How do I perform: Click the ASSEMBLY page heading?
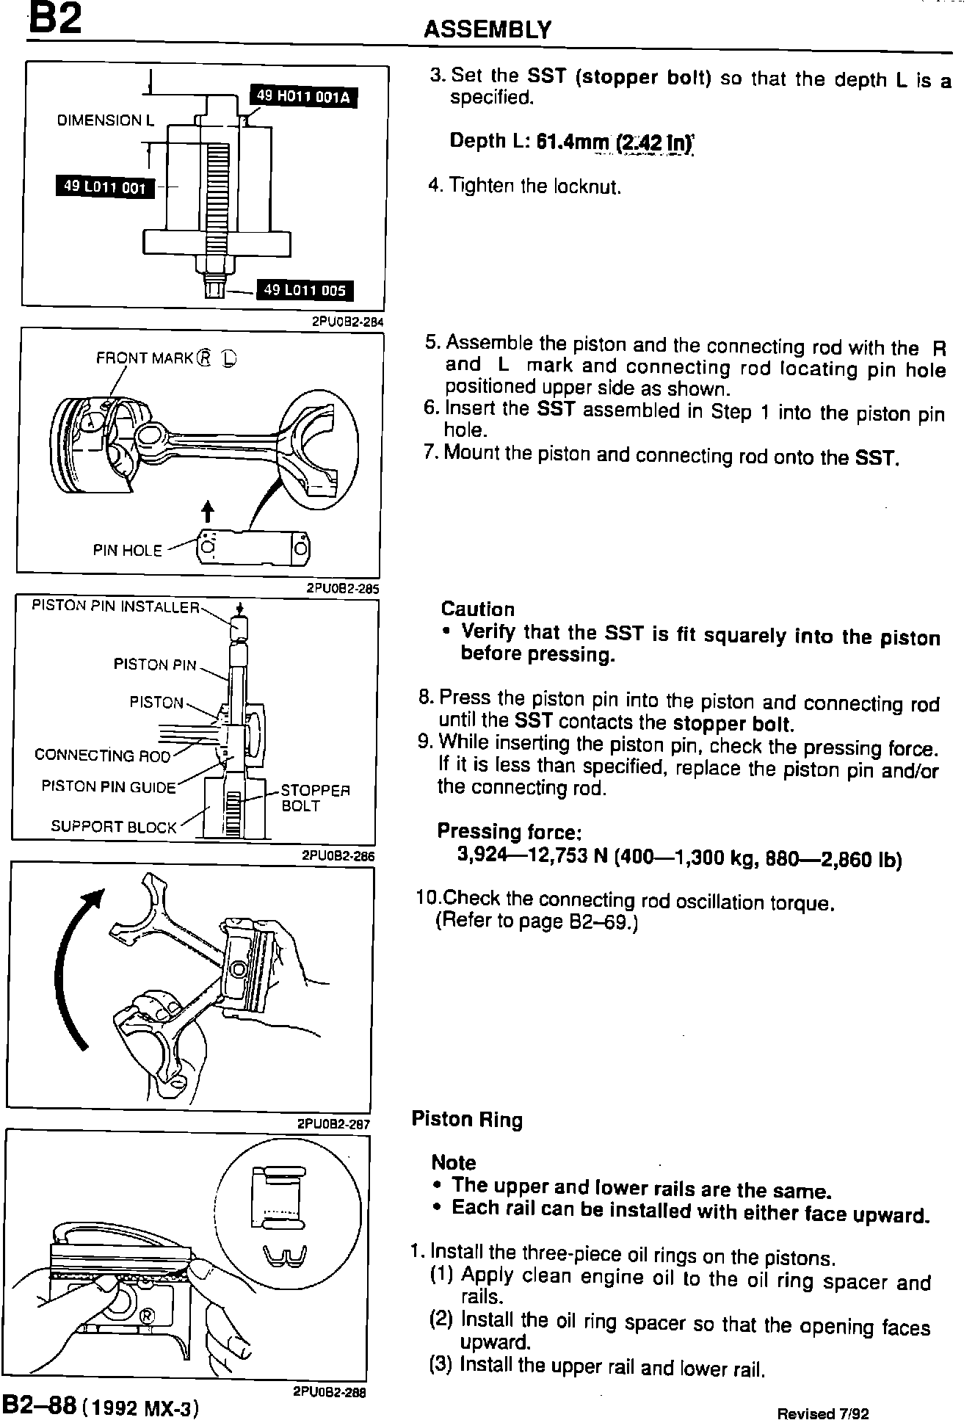coord(487,29)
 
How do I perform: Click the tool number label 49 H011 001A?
coord(303,96)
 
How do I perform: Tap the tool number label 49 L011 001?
coord(105,187)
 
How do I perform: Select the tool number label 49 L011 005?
coord(304,290)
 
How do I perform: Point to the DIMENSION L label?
coord(106,120)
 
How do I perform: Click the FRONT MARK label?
coord(145,358)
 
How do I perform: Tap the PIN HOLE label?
coord(127,551)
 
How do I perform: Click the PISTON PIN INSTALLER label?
coord(115,606)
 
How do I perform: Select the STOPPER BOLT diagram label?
coord(315,798)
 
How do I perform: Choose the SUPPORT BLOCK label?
coord(114,827)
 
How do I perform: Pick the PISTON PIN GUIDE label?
coord(109,787)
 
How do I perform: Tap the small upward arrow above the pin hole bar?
coord(208,511)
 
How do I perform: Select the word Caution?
coord(477,609)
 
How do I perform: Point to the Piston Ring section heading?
coord(467,1120)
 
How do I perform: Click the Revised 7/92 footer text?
coord(823,1393)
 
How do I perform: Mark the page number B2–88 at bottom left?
coord(40,1385)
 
